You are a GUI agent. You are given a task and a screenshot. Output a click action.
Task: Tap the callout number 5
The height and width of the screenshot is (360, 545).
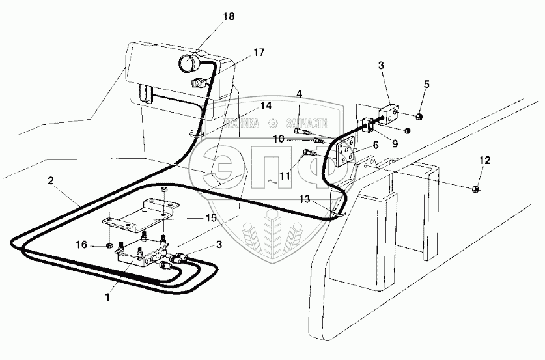coord(426,85)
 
